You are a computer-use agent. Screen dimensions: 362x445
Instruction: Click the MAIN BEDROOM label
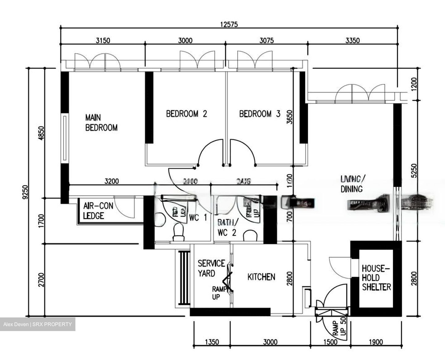[x=101, y=123]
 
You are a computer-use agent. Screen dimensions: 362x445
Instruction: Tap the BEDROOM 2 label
[x=186, y=114]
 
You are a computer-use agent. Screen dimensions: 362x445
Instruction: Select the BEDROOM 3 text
[x=260, y=114]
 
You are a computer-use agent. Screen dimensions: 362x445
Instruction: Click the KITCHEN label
[x=261, y=277]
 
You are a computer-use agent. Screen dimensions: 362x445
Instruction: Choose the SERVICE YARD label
[x=211, y=268]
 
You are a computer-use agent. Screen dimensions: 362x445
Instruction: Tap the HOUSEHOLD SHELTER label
[x=376, y=278]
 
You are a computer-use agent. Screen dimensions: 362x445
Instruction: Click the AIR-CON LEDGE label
[x=98, y=211]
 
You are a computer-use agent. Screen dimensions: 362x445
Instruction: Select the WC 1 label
[x=198, y=218]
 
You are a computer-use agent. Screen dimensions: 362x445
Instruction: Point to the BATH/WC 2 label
[x=227, y=227]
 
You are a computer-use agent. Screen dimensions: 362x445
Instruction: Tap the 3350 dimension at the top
[x=352, y=41]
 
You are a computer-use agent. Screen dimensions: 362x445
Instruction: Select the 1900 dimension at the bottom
[x=375, y=342]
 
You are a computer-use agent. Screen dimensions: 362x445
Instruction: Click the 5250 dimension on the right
[x=414, y=170]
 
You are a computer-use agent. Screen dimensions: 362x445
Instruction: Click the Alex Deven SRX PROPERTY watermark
[x=37, y=324]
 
